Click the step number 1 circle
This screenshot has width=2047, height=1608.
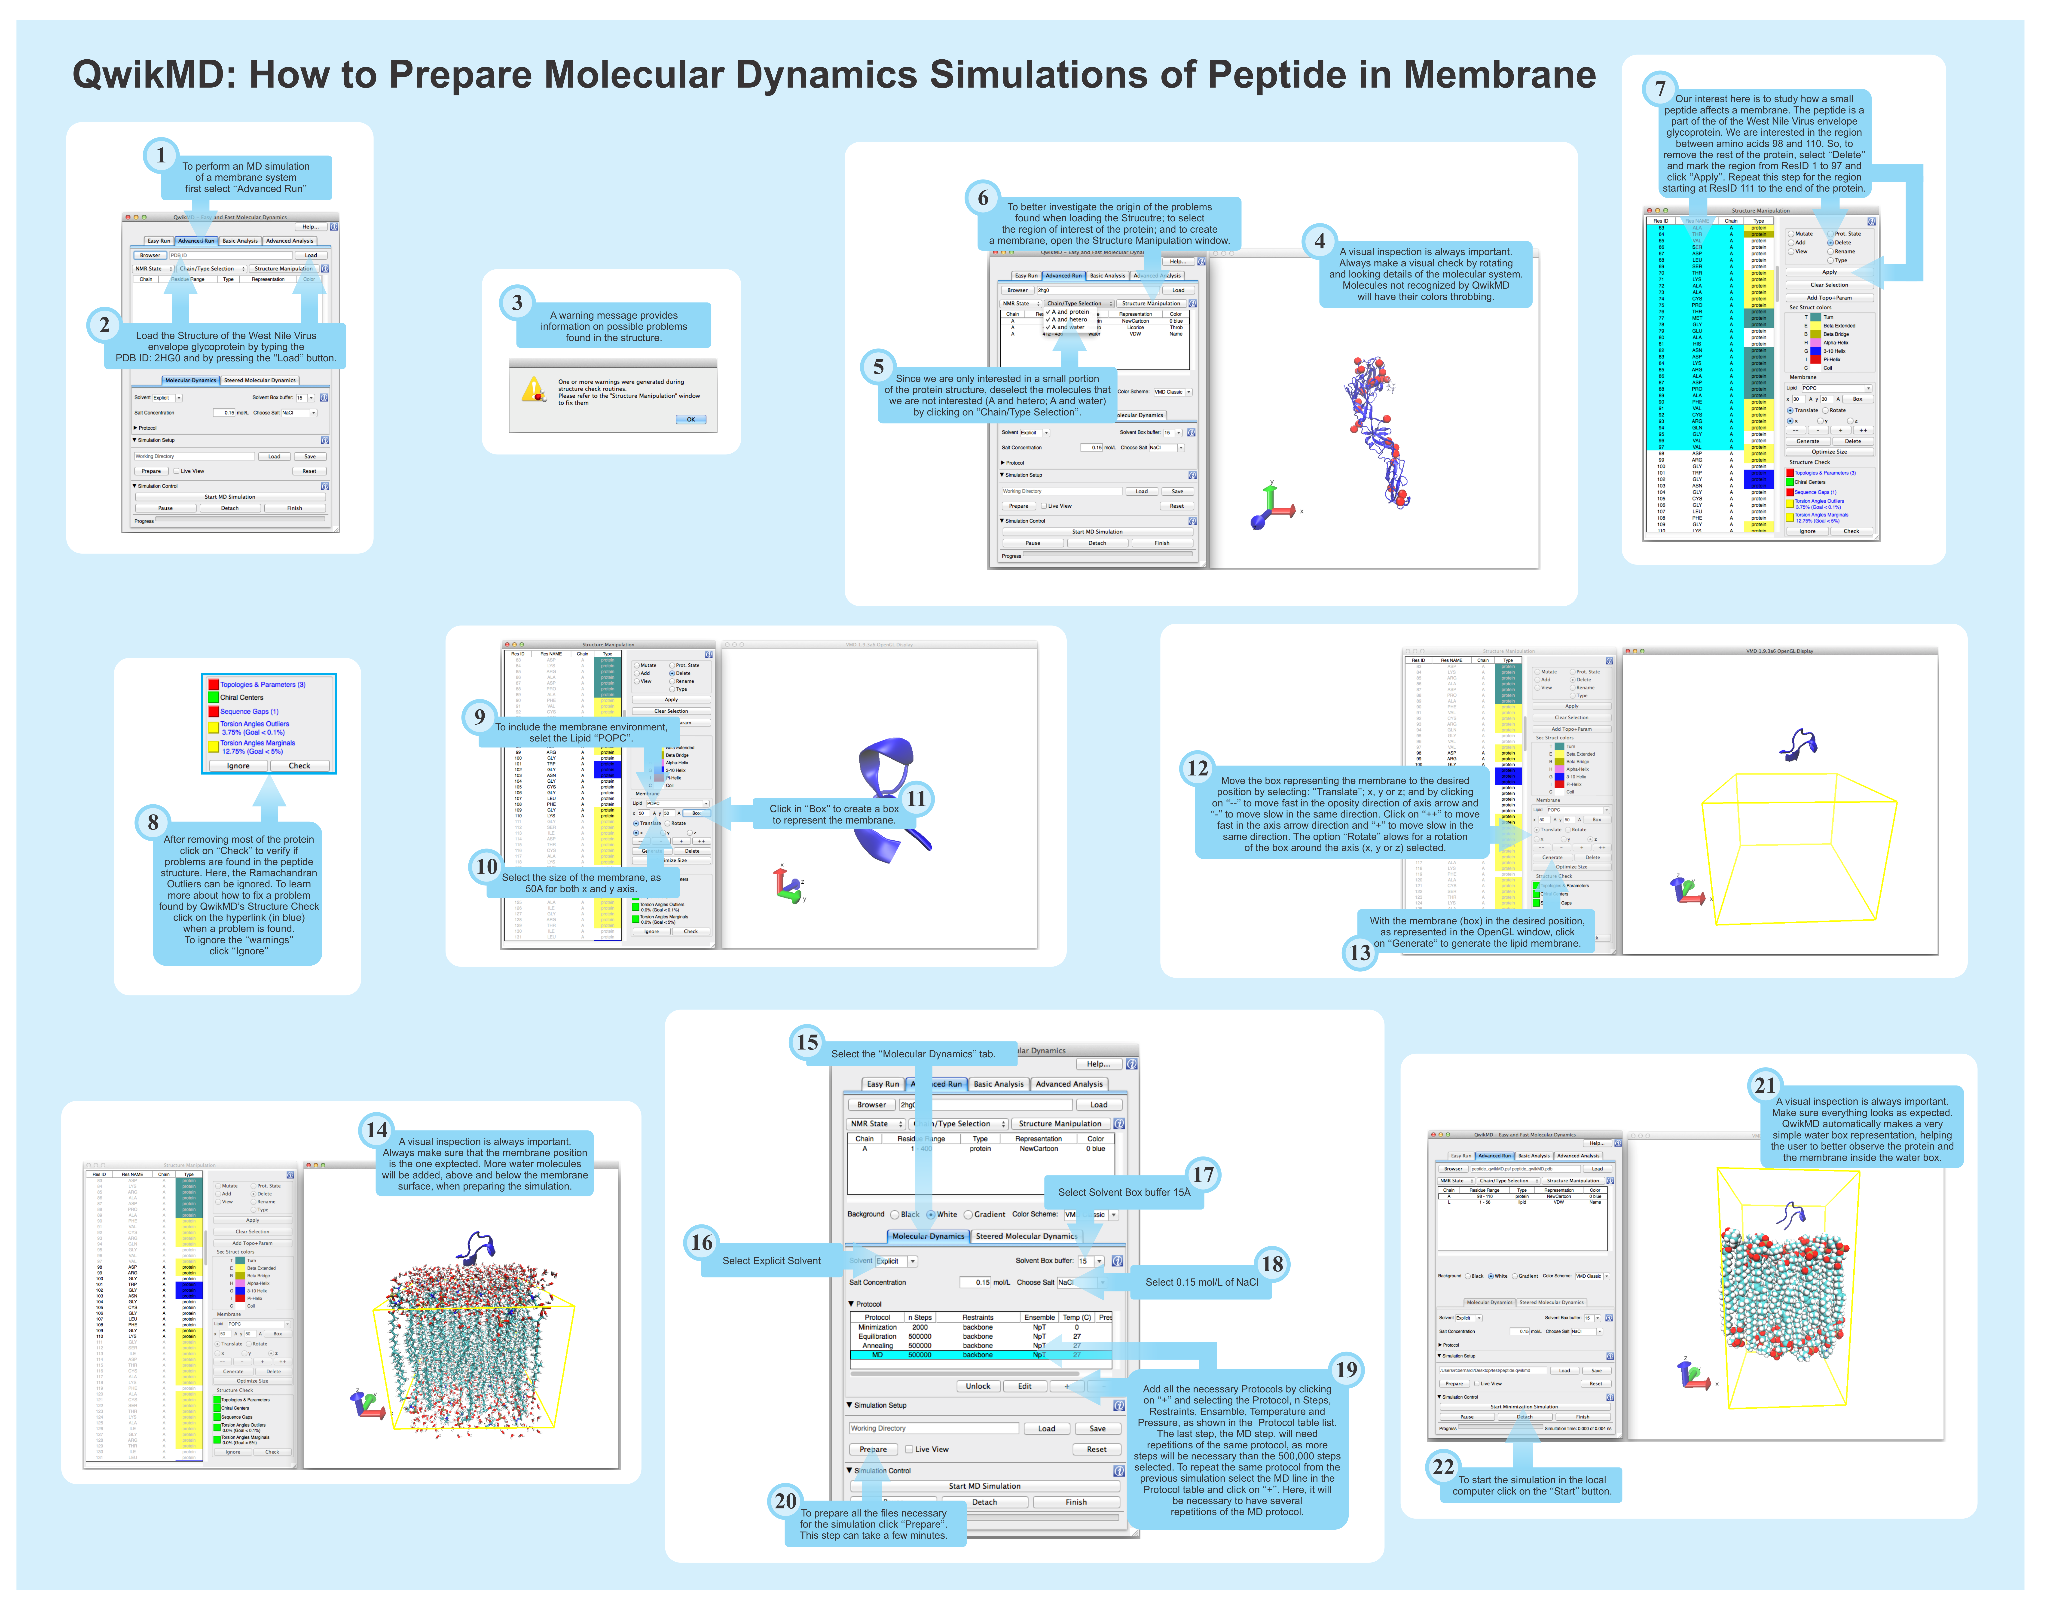click(161, 155)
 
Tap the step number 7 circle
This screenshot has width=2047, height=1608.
click(1660, 88)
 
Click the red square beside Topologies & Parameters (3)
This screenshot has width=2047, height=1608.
click(214, 684)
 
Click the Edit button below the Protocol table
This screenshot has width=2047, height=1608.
click(1024, 1386)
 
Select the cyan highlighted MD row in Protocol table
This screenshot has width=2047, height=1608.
click(979, 1355)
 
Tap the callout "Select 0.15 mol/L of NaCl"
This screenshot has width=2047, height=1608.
click(1201, 1282)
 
